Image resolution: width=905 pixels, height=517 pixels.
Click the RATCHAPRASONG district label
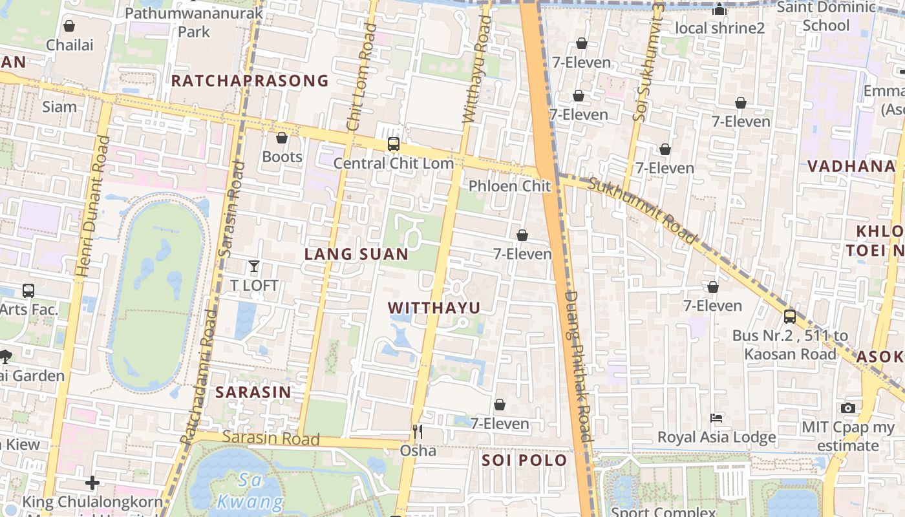click(250, 81)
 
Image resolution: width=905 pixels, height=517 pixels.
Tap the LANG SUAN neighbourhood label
click(356, 255)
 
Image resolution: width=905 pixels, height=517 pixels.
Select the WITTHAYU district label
click(434, 308)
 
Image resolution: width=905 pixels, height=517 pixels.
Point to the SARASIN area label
click(253, 392)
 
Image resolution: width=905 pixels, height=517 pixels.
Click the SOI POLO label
click(524, 461)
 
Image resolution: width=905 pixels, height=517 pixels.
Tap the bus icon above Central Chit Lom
click(393, 144)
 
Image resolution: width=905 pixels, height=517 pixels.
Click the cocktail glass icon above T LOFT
click(254, 266)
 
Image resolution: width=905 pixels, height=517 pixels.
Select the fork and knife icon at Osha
click(418, 431)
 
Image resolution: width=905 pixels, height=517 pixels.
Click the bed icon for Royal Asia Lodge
click(716, 418)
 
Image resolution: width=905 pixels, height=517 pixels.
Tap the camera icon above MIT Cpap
click(847, 408)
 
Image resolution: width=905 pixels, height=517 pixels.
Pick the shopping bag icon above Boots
click(282, 138)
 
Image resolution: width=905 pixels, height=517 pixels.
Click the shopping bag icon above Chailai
click(69, 26)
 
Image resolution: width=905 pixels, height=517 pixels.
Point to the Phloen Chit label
click(509, 186)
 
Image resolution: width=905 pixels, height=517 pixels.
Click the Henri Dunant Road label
click(90, 207)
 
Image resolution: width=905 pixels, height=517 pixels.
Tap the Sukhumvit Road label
click(643, 211)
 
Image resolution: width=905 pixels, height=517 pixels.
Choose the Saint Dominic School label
click(825, 17)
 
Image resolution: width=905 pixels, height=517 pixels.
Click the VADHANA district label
click(851, 166)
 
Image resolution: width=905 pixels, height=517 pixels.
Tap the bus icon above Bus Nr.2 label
click(789, 317)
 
